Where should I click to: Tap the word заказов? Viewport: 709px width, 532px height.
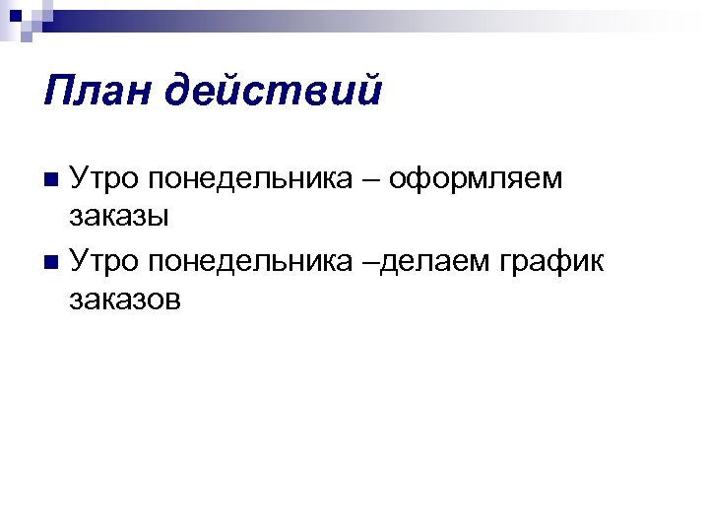pos(126,299)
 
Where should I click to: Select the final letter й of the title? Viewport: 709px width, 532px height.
pos(369,92)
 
